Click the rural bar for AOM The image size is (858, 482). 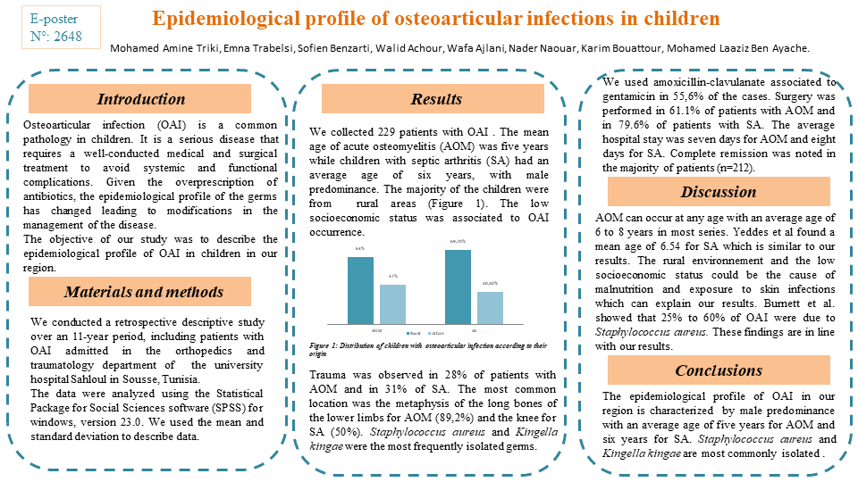[360, 289]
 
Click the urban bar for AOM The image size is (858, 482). [392, 303]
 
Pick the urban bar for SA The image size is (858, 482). [490, 307]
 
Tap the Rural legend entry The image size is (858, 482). [415, 332]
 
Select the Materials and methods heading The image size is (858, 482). [140, 292]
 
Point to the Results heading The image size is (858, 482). [436, 99]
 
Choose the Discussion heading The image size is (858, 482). [719, 192]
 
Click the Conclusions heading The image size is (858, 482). [719, 370]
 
